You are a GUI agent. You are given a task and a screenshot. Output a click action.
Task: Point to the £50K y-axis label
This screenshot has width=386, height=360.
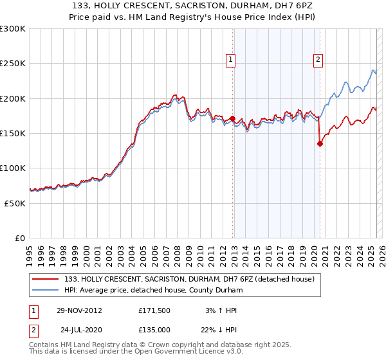point(15,203)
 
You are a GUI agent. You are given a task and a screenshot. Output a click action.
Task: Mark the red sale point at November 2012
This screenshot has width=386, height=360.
point(233,118)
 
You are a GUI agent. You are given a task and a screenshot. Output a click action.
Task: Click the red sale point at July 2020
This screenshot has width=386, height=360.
point(320,144)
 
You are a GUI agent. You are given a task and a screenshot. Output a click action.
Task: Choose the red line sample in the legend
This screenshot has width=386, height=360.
point(46,279)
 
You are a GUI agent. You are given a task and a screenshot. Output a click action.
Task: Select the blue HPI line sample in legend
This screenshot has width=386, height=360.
point(46,290)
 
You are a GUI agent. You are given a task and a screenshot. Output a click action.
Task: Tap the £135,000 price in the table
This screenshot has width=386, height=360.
point(154,329)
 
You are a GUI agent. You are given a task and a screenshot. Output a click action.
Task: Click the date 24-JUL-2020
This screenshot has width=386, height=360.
point(79,329)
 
